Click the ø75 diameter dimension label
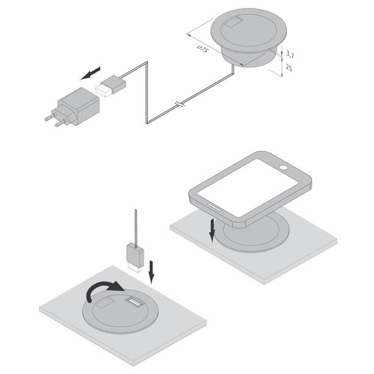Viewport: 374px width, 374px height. (202, 49)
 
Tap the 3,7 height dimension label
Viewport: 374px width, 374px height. (289, 55)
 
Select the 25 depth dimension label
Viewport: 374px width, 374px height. (289, 68)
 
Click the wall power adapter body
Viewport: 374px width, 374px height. (79, 106)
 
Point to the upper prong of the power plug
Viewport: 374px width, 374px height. (51, 117)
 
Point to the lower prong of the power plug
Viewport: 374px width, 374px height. (61, 123)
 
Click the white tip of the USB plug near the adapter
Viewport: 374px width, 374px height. (104, 90)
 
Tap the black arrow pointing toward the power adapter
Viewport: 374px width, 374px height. (91, 73)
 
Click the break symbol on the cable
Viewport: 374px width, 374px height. (180, 104)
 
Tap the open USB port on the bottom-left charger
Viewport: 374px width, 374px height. (134, 302)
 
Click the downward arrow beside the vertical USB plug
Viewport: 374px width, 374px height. (151, 272)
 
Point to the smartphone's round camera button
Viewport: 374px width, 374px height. (284, 168)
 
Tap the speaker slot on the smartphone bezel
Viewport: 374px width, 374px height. (214, 207)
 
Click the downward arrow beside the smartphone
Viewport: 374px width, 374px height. (212, 230)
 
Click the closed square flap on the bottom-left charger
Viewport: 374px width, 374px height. (104, 302)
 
